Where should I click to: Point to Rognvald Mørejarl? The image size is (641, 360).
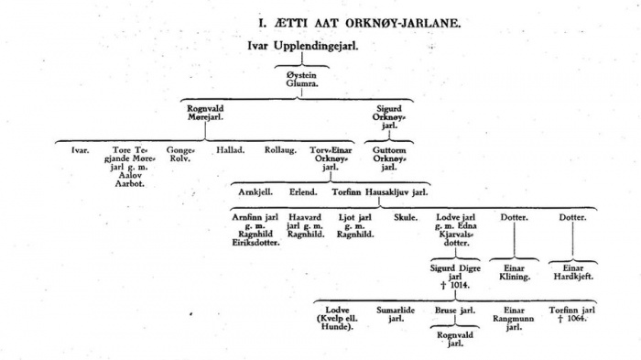point(206,115)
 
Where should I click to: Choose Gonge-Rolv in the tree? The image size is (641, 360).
point(180,153)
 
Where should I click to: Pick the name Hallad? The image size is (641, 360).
point(231,148)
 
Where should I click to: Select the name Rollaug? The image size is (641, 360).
point(280,148)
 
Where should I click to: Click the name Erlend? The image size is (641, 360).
point(303,192)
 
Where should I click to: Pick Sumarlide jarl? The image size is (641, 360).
point(396,315)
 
